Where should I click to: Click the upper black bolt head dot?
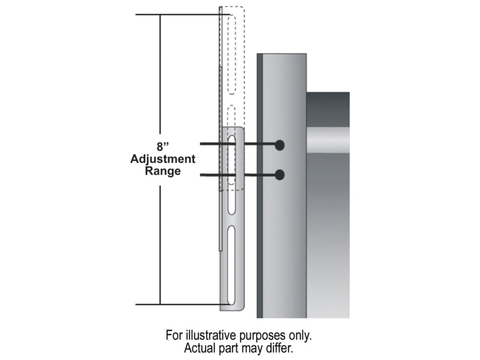click(279, 145)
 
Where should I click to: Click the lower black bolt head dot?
click(279, 175)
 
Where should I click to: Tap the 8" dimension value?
click(162, 146)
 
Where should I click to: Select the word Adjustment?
click(163, 159)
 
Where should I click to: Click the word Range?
click(163, 171)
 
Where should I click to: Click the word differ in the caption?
click(280, 348)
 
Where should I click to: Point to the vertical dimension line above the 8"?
click(160, 75)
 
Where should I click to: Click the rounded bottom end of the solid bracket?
click(232, 308)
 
